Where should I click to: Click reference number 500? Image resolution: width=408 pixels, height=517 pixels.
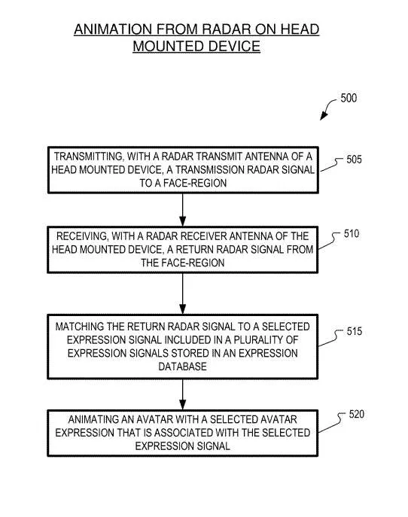coord(349,98)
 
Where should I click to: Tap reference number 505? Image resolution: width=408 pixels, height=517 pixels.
coord(354,160)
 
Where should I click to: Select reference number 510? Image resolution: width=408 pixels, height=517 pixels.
coord(352,234)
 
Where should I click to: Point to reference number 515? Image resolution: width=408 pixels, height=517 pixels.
coord(355,331)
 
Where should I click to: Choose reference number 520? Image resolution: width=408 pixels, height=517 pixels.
coord(357,414)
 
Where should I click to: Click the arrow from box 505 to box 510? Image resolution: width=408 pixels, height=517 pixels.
coord(182,210)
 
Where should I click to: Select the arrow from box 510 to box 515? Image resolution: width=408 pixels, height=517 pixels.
coord(182,293)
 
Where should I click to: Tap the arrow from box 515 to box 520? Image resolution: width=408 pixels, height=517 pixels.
coord(182,394)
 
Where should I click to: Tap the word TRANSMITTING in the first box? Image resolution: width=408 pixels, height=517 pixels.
coord(88,157)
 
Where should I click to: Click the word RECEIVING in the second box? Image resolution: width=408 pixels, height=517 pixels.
coord(82,236)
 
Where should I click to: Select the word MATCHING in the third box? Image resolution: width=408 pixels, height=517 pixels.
coord(80,327)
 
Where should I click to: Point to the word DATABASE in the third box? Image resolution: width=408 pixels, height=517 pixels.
coord(182,366)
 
